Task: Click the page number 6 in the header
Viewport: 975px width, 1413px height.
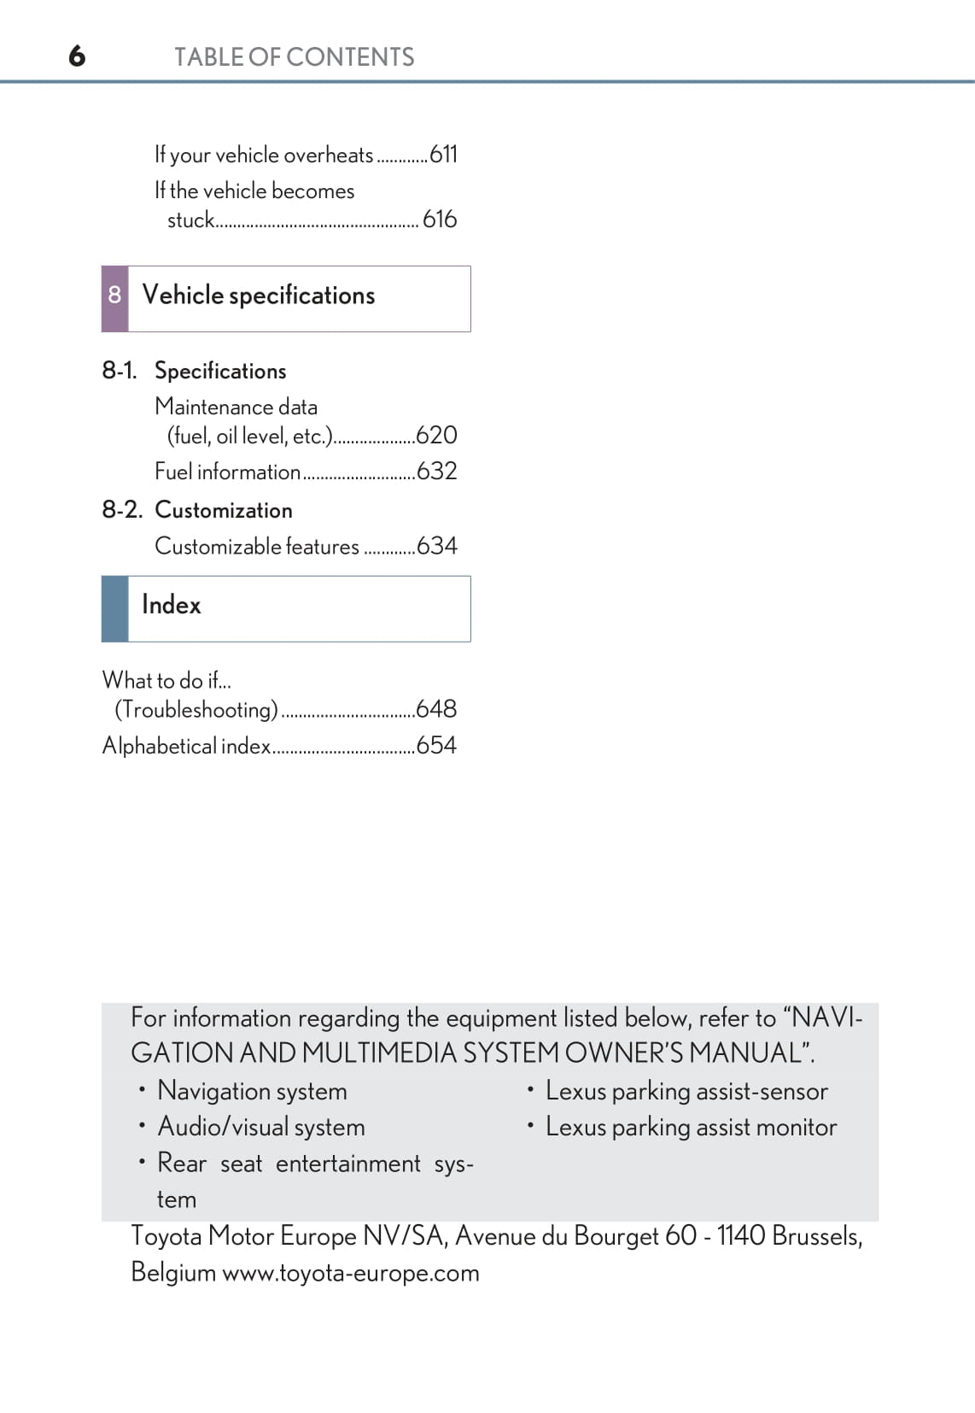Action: [77, 56]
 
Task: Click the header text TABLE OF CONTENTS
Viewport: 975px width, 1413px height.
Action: [294, 57]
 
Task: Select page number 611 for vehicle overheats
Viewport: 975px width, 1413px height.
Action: [443, 155]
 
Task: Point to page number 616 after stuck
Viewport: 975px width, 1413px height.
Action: [440, 220]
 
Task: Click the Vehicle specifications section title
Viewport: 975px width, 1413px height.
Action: [258, 296]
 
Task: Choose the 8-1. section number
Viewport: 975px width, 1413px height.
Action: [120, 371]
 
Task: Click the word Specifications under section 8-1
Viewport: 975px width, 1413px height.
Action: [220, 371]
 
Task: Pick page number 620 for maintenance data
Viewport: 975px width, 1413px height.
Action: [436, 436]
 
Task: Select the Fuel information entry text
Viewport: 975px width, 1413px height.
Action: [227, 472]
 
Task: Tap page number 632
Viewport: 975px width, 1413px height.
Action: [436, 472]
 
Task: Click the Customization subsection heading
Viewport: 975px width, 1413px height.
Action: [224, 510]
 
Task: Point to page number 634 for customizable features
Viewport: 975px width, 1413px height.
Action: [436, 546]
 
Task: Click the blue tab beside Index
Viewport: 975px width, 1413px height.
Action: [114, 608]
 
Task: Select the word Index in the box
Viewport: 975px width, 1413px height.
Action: [171, 605]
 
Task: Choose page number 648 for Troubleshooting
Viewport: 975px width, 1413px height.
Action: [436, 709]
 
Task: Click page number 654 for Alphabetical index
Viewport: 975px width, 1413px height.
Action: [436, 746]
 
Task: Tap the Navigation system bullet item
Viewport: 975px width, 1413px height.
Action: [252, 1091]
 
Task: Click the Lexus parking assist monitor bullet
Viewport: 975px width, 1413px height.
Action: [691, 1128]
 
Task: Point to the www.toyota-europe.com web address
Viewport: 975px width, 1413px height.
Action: [350, 1273]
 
